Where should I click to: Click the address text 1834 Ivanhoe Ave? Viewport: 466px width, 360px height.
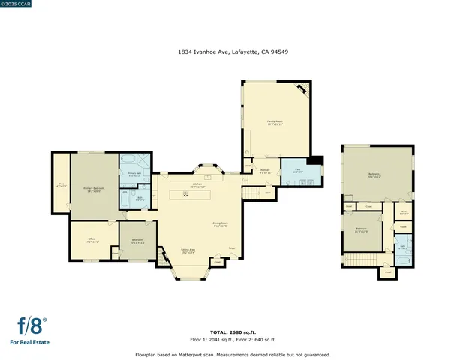(x=233, y=52)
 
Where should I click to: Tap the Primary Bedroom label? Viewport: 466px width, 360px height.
(x=92, y=190)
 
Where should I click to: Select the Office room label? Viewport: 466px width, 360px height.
(x=92, y=241)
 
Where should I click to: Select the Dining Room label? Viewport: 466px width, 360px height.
(x=220, y=224)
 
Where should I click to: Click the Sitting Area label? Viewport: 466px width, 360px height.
(x=188, y=251)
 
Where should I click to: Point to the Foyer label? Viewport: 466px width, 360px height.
(x=232, y=248)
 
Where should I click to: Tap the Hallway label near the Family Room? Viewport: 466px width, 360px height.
(x=265, y=171)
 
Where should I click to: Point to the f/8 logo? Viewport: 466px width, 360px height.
(x=32, y=326)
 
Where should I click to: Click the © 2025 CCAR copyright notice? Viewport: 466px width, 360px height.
(x=18, y=4)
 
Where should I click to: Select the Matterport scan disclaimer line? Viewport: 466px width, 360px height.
(x=233, y=355)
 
